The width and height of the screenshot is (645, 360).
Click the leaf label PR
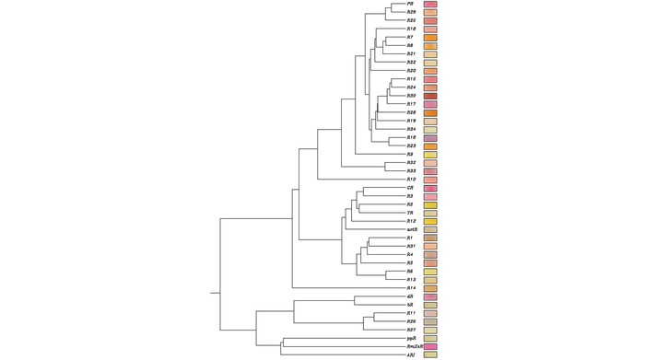click(409, 5)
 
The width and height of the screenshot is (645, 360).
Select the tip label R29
click(411, 12)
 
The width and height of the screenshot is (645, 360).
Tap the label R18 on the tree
click(411, 29)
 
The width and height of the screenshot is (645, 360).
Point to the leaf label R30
click(411, 96)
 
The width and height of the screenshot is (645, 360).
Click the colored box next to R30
click(430, 96)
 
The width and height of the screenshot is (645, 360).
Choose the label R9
click(410, 155)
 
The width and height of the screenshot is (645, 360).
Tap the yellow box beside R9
click(430, 155)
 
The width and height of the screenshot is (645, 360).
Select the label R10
click(411, 180)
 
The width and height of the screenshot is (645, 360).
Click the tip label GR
click(410, 188)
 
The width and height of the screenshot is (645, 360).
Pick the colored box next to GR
click(430, 188)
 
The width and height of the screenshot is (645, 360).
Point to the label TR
click(410, 213)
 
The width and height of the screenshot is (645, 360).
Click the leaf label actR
click(413, 229)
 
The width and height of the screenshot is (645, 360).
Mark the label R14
click(411, 288)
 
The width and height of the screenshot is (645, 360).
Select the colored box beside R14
click(430, 288)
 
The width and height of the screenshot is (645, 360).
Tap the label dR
click(409, 296)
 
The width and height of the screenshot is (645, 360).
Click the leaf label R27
click(411, 330)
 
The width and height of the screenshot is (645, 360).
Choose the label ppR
click(411, 338)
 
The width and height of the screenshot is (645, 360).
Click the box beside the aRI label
click(430, 354)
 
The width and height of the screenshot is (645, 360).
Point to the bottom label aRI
click(410, 354)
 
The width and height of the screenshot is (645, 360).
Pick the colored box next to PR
click(430, 5)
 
